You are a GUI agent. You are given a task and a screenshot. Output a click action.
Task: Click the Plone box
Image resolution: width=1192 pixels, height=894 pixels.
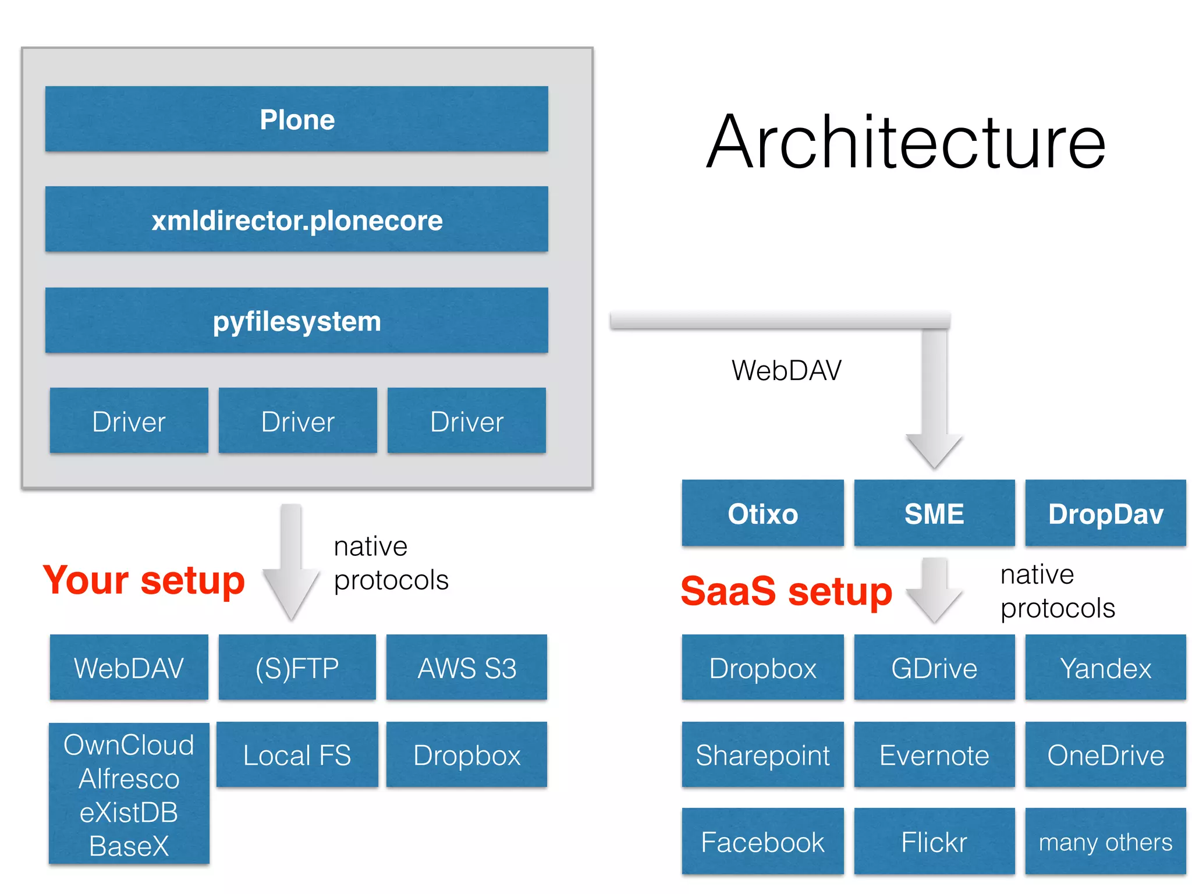(x=297, y=119)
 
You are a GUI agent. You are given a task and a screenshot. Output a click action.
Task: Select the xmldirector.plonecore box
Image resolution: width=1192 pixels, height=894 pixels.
(x=297, y=219)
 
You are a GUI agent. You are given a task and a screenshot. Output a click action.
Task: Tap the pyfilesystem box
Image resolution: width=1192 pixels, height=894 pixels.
(x=297, y=321)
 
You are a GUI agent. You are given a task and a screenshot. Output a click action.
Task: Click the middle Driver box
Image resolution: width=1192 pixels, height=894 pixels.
(x=297, y=421)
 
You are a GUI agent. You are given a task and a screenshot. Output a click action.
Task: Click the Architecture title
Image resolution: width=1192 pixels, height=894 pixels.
(x=906, y=143)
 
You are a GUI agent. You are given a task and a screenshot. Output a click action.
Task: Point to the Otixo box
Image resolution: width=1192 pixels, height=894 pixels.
(x=762, y=513)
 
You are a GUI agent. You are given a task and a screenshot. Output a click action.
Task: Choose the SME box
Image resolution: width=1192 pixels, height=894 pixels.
(x=934, y=513)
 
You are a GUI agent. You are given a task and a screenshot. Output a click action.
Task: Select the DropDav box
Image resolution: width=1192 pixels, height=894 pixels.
(x=1105, y=513)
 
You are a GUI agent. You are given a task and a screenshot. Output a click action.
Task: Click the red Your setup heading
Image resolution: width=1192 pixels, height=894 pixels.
(x=144, y=580)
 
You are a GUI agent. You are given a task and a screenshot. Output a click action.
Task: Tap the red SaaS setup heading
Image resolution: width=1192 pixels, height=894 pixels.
(x=786, y=591)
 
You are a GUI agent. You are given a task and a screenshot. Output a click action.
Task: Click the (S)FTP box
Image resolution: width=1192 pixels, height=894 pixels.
(x=297, y=668)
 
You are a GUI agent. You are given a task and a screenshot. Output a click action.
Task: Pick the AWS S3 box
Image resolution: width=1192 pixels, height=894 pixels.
(x=467, y=668)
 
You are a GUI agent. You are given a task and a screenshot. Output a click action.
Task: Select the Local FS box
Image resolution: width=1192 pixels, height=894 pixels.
(x=297, y=755)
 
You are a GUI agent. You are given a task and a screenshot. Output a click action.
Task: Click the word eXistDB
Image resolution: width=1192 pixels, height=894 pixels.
(x=129, y=812)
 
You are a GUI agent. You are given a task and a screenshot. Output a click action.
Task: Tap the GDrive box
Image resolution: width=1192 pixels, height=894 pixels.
(x=934, y=668)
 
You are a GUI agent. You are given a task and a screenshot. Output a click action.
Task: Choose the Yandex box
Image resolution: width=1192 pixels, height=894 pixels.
(x=1105, y=668)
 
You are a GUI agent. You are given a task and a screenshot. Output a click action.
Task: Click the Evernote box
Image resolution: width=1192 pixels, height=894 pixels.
(x=934, y=755)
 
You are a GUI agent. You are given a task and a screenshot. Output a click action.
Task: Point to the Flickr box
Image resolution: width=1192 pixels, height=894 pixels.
(x=934, y=842)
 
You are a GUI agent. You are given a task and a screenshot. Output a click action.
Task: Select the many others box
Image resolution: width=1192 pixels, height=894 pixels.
(x=1105, y=842)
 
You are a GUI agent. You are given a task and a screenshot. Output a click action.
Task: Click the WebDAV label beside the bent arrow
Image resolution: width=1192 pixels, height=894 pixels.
(x=786, y=370)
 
